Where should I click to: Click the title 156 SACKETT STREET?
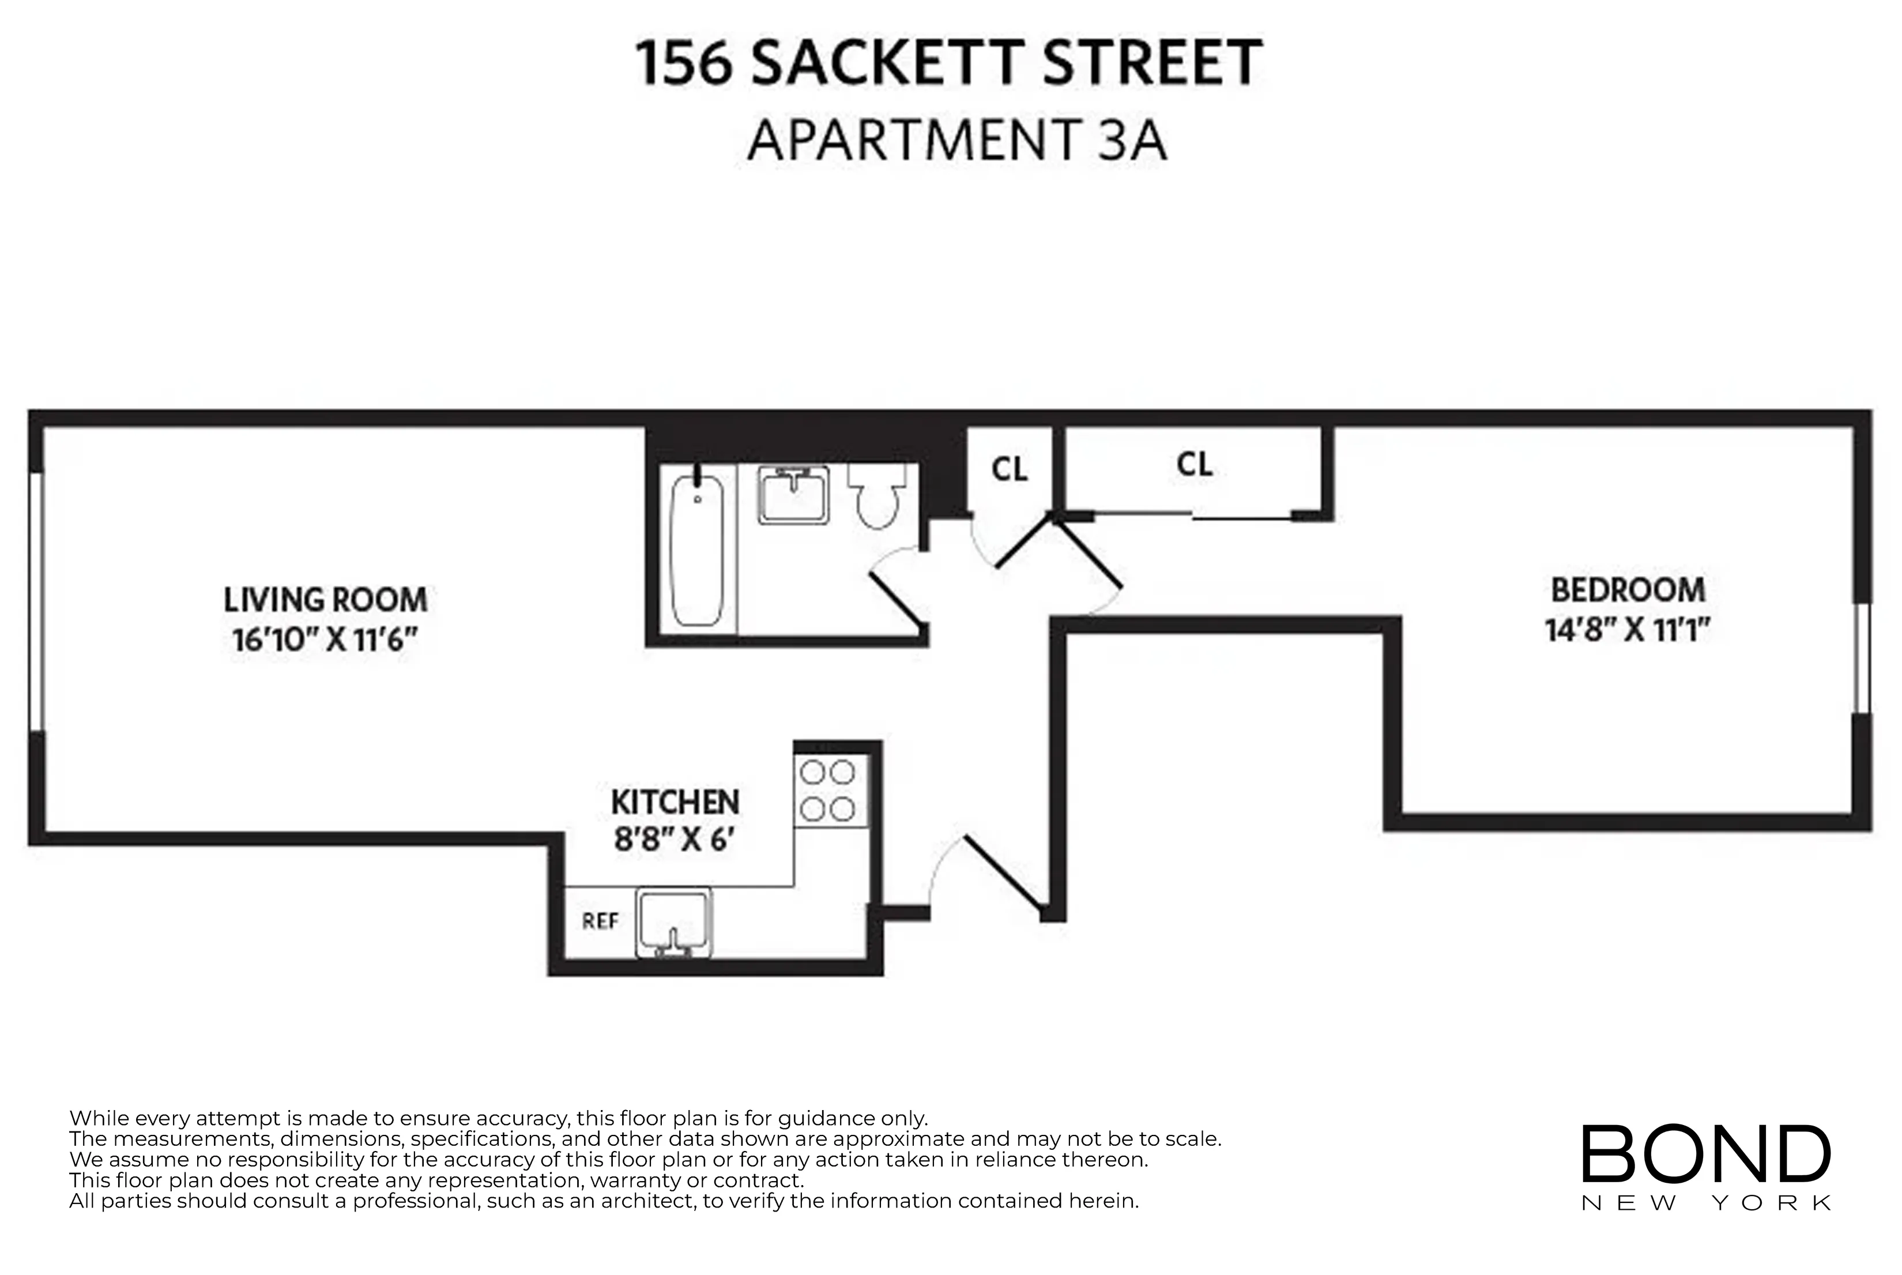[948, 63]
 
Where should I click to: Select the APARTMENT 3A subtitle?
[956, 141]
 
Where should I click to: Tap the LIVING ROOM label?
[325, 600]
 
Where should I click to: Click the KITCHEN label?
[675, 803]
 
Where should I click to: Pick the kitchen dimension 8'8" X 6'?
[674, 839]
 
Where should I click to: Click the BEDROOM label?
[1628, 591]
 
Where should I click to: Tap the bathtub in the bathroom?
[696, 551]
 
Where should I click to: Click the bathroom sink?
[793, 494]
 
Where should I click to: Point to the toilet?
[877, 496]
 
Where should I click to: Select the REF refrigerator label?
[600, 922]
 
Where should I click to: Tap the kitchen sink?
[674, 922]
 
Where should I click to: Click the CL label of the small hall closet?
[1010, 470]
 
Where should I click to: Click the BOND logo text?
[1705, 1154]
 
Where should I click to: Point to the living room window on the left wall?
[35, 601]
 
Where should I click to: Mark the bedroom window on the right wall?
[1862, 659]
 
